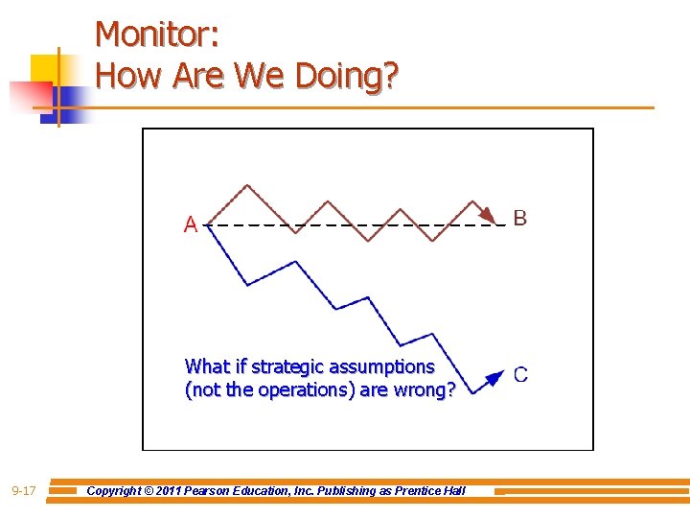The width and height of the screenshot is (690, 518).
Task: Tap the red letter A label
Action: pos(191,224)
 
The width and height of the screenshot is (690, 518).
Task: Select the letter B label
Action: pos(519,219)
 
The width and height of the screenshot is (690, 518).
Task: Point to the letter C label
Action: pos(520,375)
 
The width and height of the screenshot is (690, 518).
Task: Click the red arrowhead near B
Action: pos(488,214)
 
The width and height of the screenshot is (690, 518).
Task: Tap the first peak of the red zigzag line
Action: pos(248,186)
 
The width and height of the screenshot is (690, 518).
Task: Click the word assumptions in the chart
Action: pos(383,366)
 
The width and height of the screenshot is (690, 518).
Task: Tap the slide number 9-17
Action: pos(24,491)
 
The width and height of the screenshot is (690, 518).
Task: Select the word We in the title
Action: pos(254,75)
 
